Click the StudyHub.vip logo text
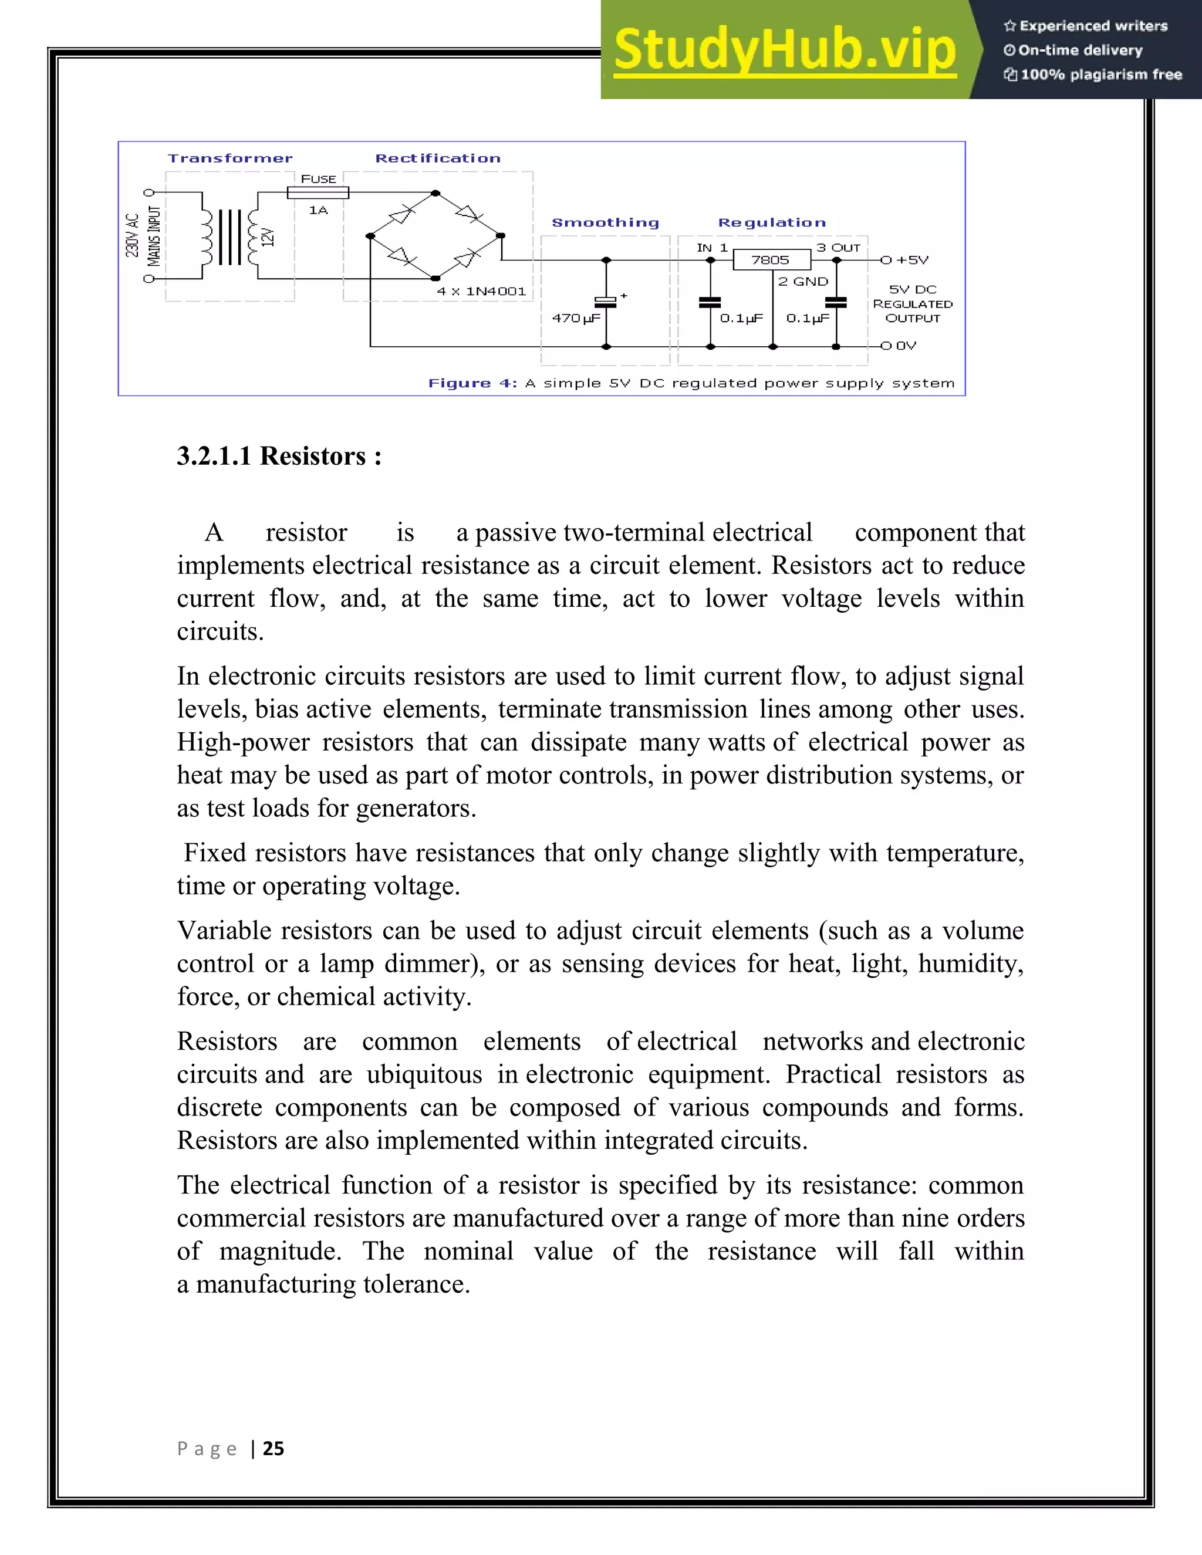click(x=784, y=49)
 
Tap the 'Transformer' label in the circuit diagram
click(x=230, y=158)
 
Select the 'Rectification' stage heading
click(x=438, y=158)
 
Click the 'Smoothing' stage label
click(x=605, y=222)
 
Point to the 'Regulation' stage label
click(x=772, y=222)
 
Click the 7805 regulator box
click(x=771, y=260)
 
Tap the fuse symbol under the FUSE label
click(x=318, y=192)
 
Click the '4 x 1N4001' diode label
click(x=481, y=291)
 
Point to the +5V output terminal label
click(x=911, y=260)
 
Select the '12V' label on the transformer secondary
click(x=268, y=237)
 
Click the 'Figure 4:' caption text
click(x=472, y=383)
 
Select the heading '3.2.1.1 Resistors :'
click(x=279, y=456)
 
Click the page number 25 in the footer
click(x=274, y=1448)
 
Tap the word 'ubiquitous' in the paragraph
click(x=424, y=1074)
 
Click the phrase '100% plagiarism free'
click(x=1101, y=74)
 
